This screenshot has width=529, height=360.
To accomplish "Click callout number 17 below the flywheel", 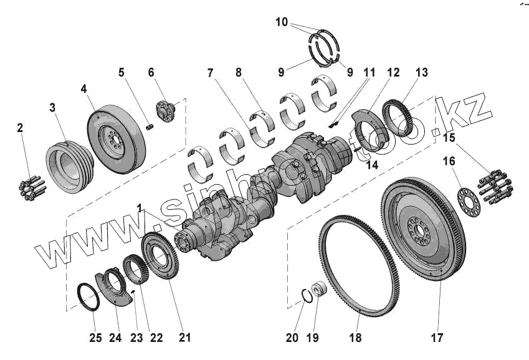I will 437,338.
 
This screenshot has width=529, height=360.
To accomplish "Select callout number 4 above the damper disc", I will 83,89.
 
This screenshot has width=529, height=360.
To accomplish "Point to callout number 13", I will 422,73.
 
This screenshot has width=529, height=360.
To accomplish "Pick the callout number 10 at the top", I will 282,22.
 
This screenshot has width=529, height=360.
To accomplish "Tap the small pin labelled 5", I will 150,127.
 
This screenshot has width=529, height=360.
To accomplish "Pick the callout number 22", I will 156,338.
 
